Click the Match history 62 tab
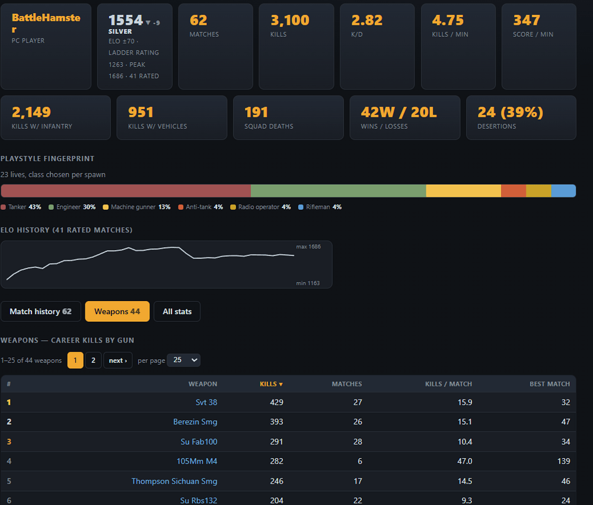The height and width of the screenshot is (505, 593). tap(40, 311)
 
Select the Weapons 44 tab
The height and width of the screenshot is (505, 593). tap(117, 311)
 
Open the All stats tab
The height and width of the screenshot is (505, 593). tap(177, 311)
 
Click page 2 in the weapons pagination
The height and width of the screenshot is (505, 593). tap(93, 360)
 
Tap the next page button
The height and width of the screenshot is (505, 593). tap(118, 360)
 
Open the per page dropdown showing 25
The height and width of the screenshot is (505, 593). tap(184, 360)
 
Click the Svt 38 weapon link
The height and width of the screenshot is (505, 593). tap(206, 402)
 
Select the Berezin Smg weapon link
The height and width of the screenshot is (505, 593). tap(195, 422)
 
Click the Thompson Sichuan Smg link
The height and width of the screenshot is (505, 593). tap(174, 481)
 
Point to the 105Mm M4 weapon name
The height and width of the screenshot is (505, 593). tap(197, 461)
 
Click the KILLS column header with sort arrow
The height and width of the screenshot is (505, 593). tap(271, 384)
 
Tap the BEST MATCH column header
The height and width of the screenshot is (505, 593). tap(550, 384)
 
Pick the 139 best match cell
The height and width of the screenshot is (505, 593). tap(563, 461)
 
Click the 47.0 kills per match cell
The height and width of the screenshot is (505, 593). tap(465, 461)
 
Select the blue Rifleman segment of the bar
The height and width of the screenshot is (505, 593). tap(563, 191)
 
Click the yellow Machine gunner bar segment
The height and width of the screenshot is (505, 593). tap(464, 191)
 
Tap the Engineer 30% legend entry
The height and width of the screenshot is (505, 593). tap(72, 207)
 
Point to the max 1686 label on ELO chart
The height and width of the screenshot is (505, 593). tap(308, 247)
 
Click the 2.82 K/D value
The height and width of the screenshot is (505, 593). tap(367, 20)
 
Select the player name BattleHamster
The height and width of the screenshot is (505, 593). tap(46, 23)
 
